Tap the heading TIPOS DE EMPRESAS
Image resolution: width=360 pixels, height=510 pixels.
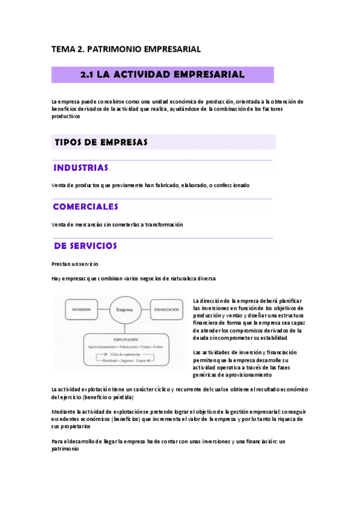[x=101, y=142]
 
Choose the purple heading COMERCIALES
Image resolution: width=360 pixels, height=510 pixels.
[x=85, y=206]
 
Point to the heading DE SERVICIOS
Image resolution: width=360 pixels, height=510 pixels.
[x=85, y=245]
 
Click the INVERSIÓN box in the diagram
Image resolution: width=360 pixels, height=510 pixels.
[x=81, y=309]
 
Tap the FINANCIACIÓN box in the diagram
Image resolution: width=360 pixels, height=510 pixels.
[x=167, y=309]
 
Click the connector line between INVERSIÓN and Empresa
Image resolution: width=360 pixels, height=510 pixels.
[x=103, y=309]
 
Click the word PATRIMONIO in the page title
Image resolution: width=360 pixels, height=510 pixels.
[x=114, y=49]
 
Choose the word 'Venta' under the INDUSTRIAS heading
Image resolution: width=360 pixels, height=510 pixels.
[x=59, y=185]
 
